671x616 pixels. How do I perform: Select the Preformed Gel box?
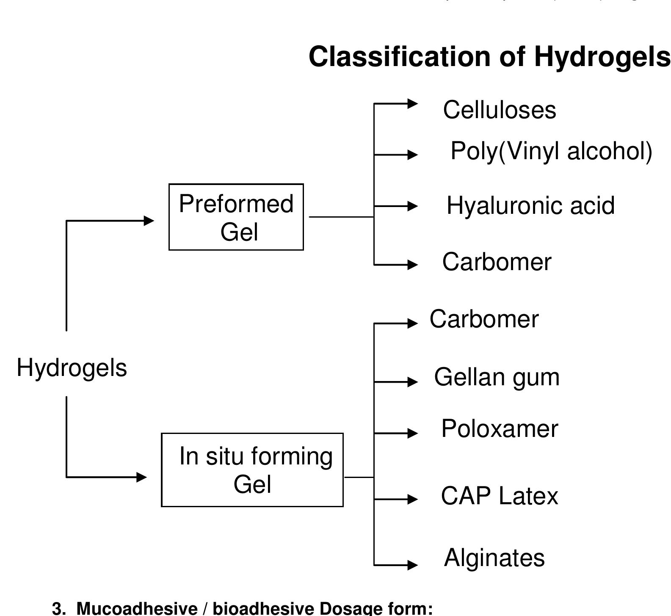236,217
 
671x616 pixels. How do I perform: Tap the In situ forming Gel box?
252,470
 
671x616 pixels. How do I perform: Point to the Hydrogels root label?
72,367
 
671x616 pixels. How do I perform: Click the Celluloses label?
499,110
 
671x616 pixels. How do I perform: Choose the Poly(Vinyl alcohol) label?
551,151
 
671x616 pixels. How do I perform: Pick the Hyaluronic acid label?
530,205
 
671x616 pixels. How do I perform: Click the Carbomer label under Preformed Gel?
497,262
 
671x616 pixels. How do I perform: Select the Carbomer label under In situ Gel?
484,319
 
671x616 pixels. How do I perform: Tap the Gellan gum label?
497,377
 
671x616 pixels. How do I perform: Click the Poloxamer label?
500,428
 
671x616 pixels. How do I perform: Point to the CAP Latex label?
500,496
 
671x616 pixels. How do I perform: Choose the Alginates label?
494,558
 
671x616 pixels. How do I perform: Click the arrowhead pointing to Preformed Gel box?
149,221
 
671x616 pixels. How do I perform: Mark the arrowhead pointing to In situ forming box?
141,477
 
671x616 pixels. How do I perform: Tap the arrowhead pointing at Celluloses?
412,103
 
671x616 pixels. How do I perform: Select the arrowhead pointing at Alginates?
412,565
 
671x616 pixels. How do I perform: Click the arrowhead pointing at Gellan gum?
412,382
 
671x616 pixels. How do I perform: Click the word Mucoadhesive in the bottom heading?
136,608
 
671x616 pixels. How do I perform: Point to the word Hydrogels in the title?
602,57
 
